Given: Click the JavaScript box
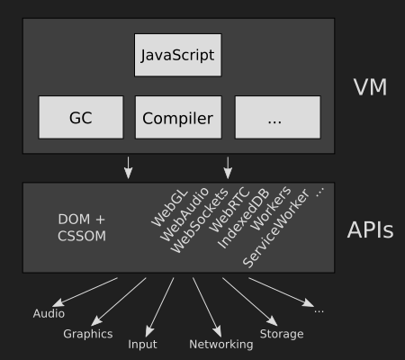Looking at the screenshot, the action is click(178, 55).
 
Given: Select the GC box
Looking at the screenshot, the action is click(81, 117).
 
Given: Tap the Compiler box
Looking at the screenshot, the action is click(178, 117).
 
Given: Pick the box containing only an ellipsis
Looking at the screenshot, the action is click(278, 117).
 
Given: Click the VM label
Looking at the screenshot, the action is click(370, 87).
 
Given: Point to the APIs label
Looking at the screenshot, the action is click(370, 230).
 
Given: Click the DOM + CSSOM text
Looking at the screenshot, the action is click(82, 228).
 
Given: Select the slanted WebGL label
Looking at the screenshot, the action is click(169, 208).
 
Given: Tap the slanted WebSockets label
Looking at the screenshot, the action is click(199, 220).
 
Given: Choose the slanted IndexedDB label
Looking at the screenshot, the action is click(243, 219).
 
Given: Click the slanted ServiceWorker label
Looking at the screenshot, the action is click(275, 229).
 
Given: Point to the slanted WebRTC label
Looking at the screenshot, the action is click(229, 210).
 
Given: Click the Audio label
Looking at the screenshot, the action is click(49, 313).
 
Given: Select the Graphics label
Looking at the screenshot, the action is click(88, 334).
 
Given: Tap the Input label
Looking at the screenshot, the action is click(142, 345).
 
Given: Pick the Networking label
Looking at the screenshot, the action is click(221, 345).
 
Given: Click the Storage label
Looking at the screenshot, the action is click(282, 334).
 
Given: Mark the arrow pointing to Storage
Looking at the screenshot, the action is click(249, 301).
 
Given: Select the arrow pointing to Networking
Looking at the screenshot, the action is click(207, 307).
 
